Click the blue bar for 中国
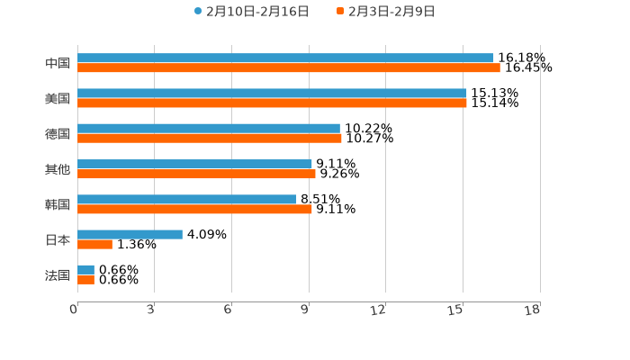(x=285, y=58)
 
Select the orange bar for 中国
(x=289, y=68)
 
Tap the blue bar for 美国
(x=272, y=93)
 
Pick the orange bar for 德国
(x=210, y=139)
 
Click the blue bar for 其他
(x=194, y=164)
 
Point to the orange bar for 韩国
(x=194, y=209)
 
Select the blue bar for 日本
(x=130, y=234)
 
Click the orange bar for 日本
(x=94, y=244)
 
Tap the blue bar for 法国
(x=85, y=269)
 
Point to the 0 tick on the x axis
(x=74, y=310)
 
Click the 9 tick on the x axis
(x=305, y=310)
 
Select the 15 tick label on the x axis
(x=456, y=310)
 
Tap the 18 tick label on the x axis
(x=533, y=310)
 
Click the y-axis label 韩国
(x=58, y=204)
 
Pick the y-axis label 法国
(x=58, y=274)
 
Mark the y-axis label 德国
(x=58, y=133)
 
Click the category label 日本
(x=58, y=239)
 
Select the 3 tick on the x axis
(x=150, y=310)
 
